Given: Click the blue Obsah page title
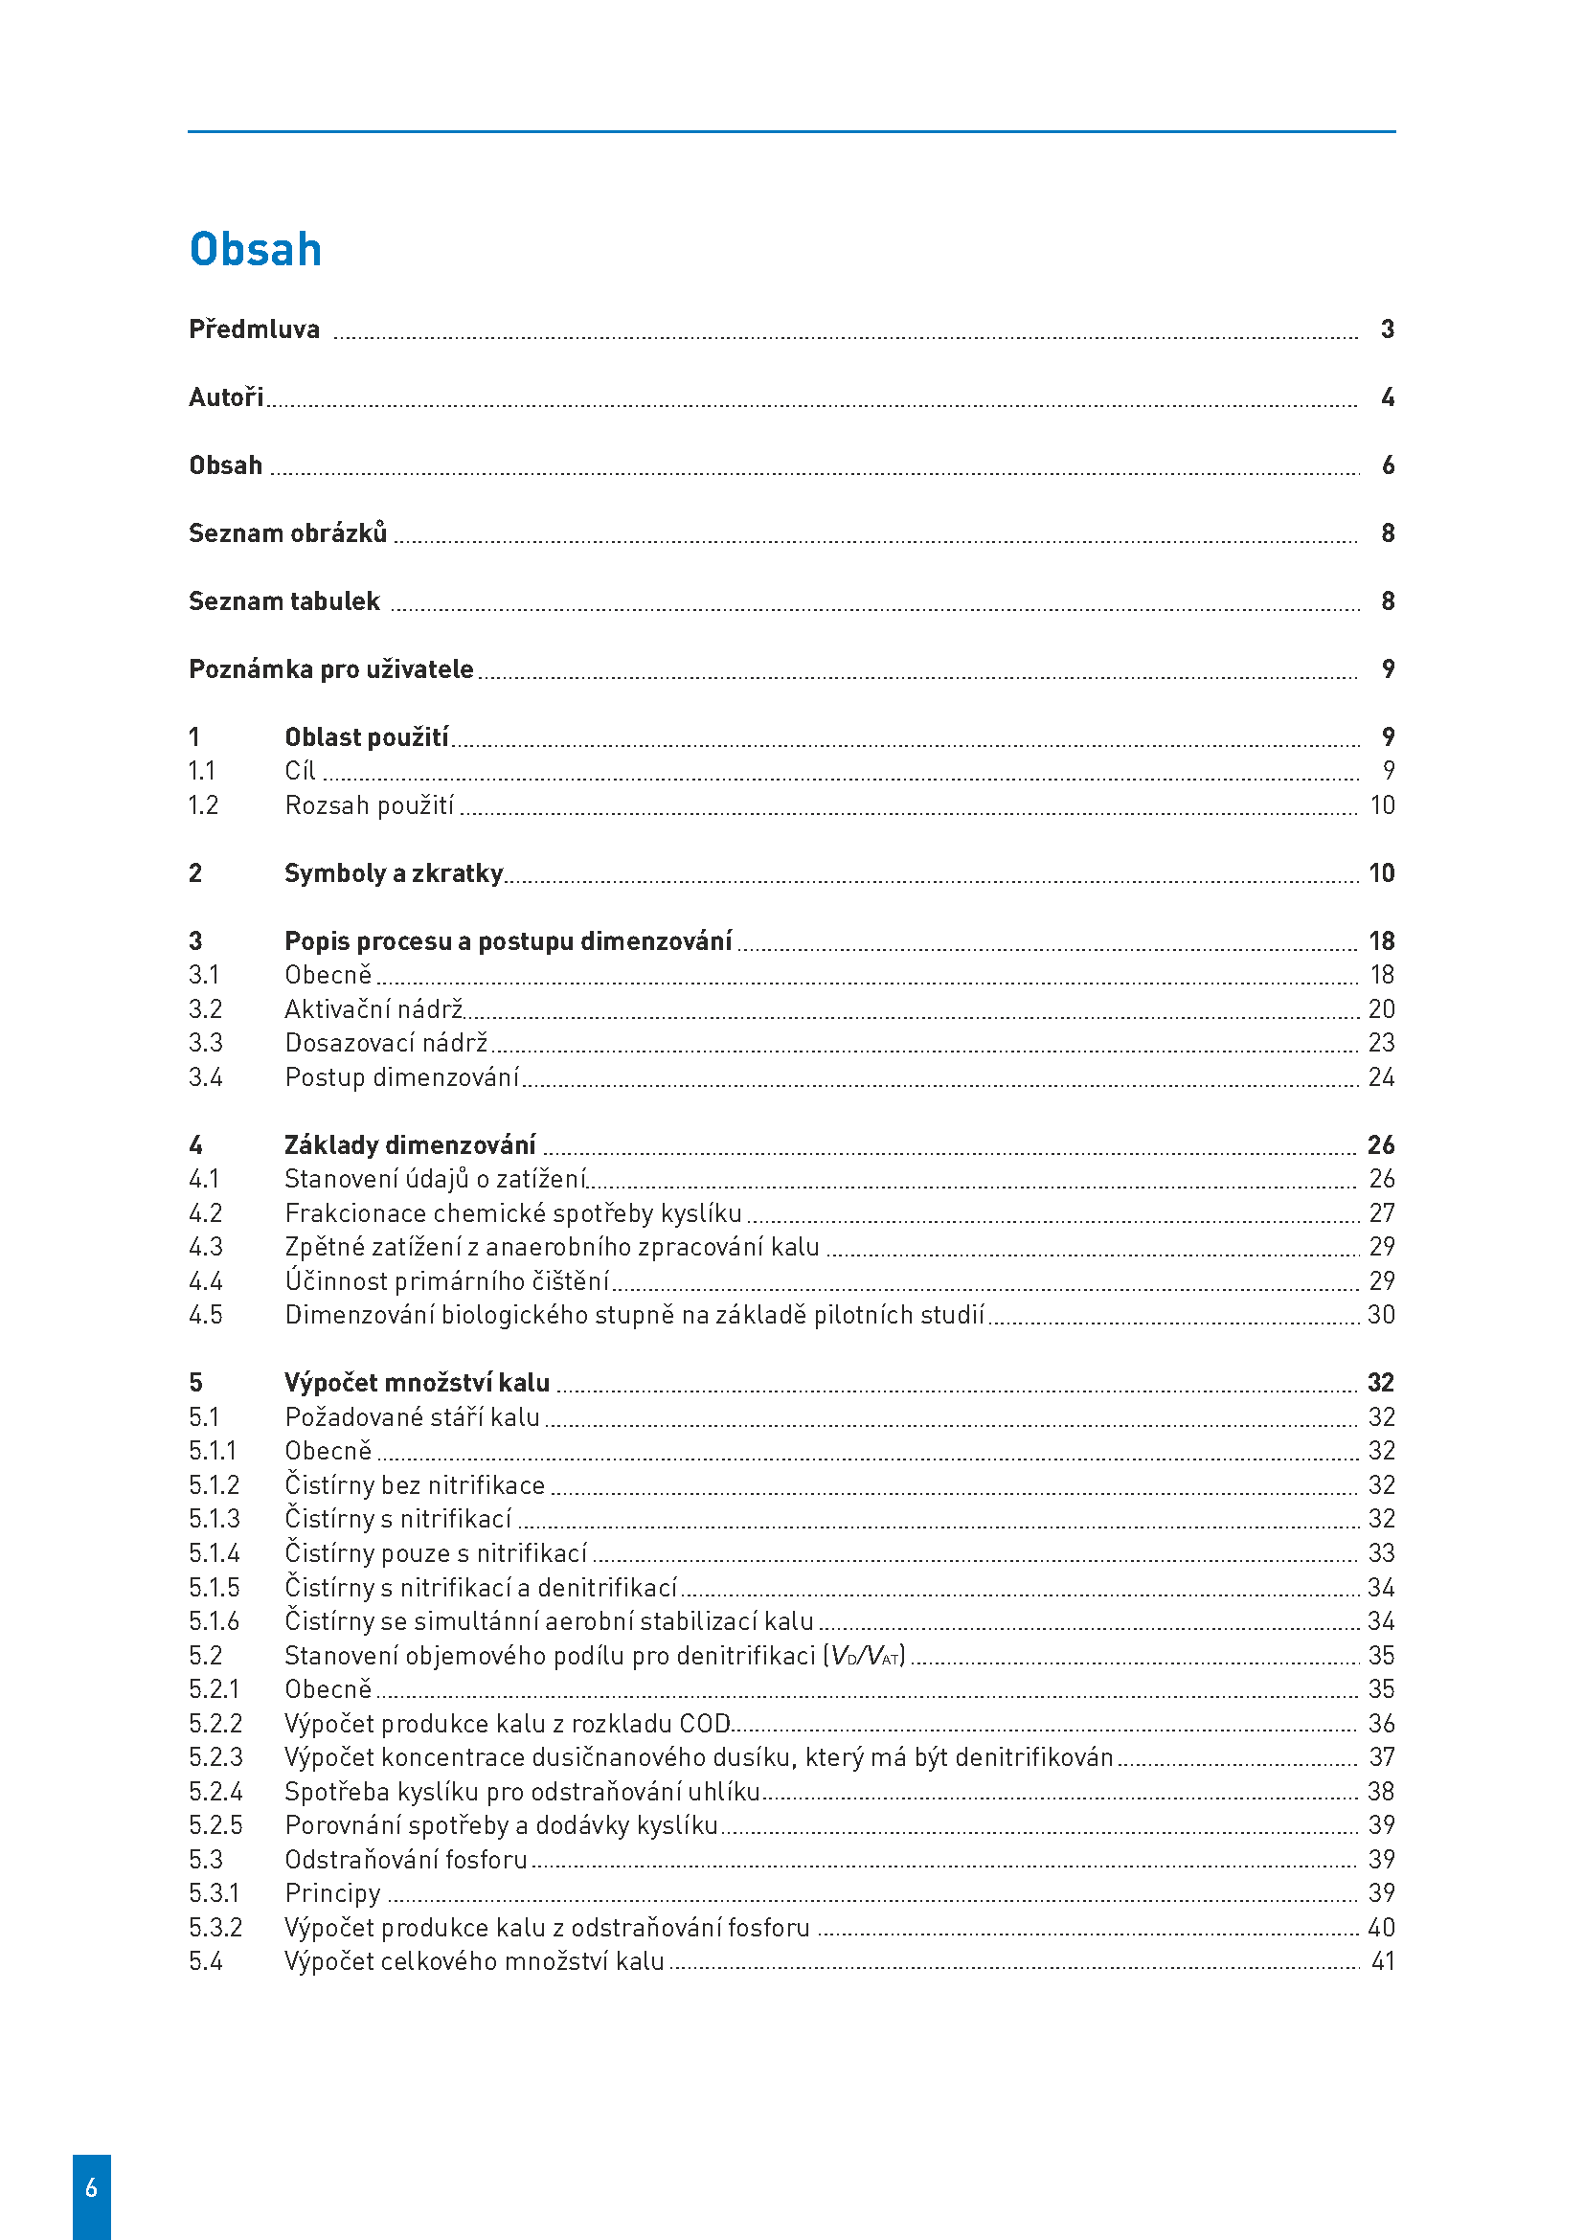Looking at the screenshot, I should click(255, 250).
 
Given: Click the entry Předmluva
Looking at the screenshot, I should click(254, 329).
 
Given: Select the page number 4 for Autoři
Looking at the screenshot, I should click(1387, 397).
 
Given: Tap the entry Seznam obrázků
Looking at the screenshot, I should click(287, 533).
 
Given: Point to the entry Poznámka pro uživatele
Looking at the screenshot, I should click(330, 669).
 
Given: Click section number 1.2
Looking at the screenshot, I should click(203, 805).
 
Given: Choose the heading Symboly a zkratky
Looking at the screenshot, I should click(393, 873).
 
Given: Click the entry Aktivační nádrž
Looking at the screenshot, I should click(373, 1008).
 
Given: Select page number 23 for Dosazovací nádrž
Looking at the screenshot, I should click(1381, 1043).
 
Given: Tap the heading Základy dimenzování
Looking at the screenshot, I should click(410, 1145).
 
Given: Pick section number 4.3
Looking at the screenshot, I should click(206, 1247).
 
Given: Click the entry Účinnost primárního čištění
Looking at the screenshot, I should click(446, 1281).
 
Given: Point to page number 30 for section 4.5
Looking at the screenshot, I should click(1381, 1315).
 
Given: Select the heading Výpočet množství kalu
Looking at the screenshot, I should click(417, 1384).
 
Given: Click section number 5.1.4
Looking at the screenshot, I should click(214, 1553).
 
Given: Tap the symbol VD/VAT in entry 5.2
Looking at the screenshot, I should click(865, 1656).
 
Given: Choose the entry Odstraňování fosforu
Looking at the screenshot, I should click(406, 1860).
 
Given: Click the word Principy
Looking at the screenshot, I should click(332, 1893).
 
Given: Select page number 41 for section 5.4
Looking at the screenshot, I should click(1382, 1961).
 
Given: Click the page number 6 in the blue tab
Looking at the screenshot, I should click(92, 2187).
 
